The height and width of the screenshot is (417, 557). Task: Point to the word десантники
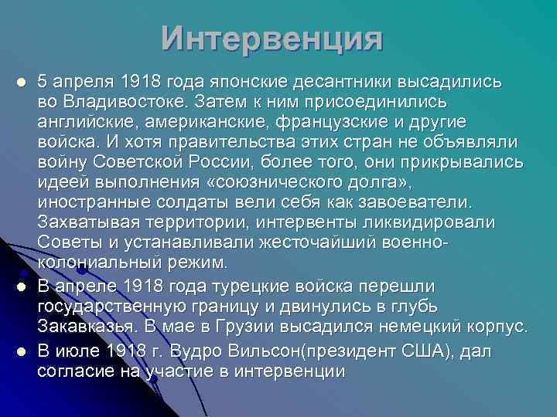tap(340, 81)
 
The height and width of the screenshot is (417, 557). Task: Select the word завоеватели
tap(417, 202)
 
